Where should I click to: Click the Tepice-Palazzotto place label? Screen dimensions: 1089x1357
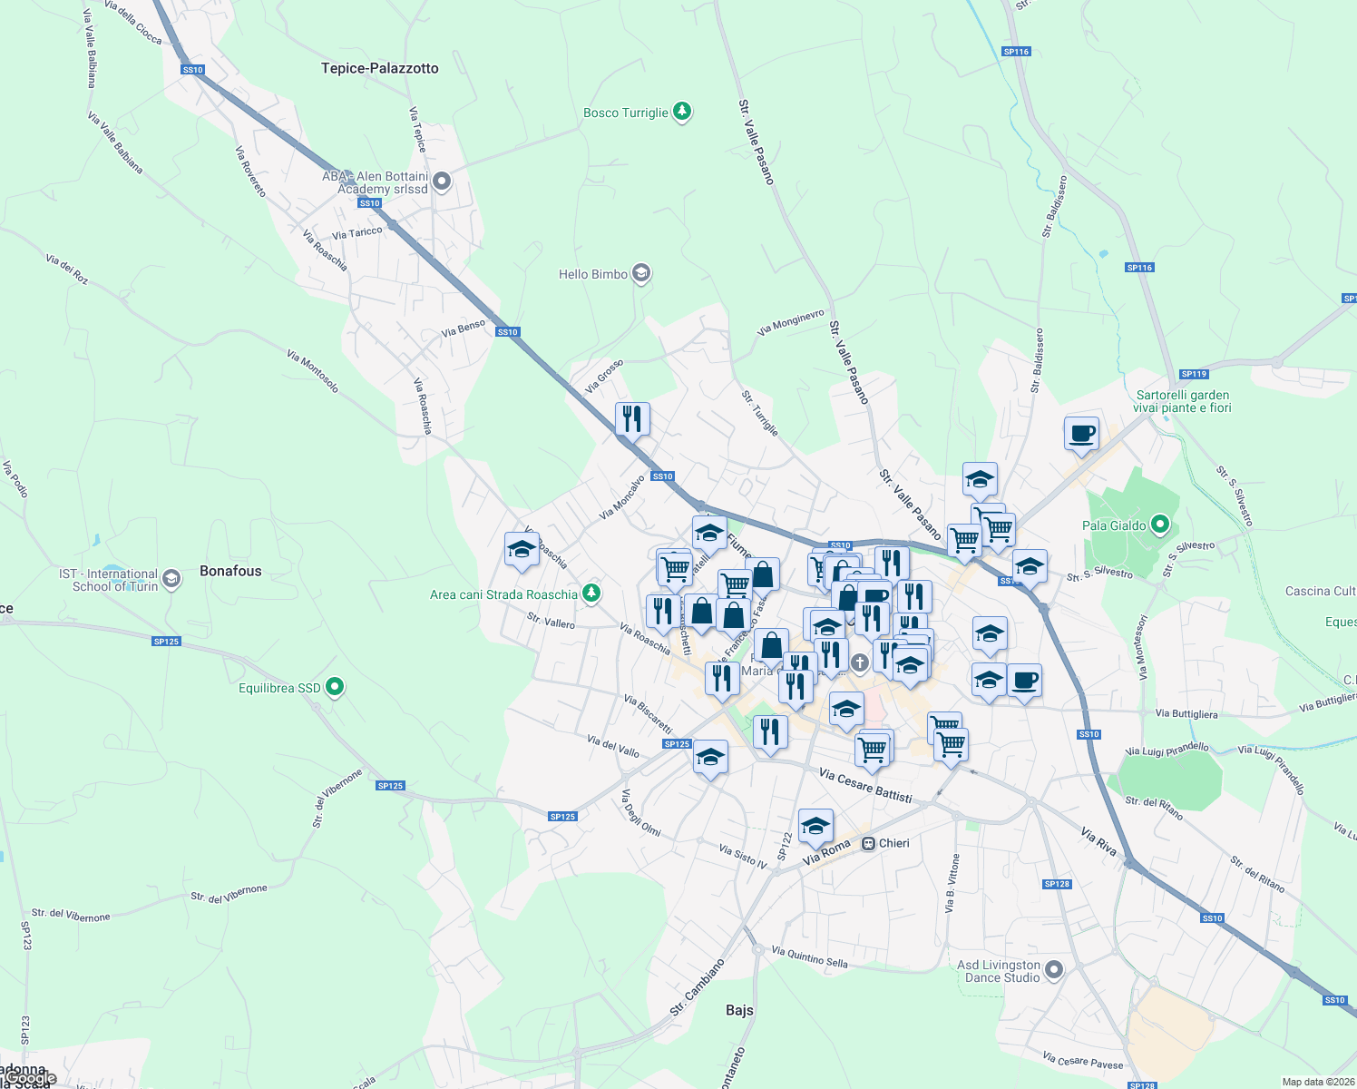coord(379,68)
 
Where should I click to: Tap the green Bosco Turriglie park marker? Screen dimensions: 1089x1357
coord(682,113)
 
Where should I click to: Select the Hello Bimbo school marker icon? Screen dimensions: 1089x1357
coord(641,273)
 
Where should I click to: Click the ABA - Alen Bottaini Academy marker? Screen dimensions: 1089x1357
coord(442,182)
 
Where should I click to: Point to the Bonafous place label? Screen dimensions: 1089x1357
coord(230,571)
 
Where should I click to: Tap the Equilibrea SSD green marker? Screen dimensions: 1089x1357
coord(335,687)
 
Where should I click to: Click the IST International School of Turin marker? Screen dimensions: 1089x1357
coord(171,580)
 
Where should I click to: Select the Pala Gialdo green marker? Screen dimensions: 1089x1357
coord(1160,525)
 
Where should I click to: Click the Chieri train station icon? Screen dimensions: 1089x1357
coord(868,843)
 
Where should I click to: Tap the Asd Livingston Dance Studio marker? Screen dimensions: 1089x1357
coord(1053,970)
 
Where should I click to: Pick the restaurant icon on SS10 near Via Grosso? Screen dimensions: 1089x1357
coord(632,419)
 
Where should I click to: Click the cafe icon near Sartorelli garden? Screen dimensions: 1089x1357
coord(1081,433)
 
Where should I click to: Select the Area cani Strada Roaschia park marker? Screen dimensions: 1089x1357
coord(591,594)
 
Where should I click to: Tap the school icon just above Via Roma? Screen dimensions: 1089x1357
coord(815,826)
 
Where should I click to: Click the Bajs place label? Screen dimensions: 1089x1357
coord(739,1010)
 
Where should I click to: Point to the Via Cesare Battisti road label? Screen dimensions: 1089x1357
coord(865,785)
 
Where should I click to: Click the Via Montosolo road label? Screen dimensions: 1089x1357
coord(313,370)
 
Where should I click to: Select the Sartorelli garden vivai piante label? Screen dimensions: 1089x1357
coord(1183,401)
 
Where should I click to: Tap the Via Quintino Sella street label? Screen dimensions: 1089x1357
coord(809,957)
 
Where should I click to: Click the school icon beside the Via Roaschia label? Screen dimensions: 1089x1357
coord(522,549)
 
